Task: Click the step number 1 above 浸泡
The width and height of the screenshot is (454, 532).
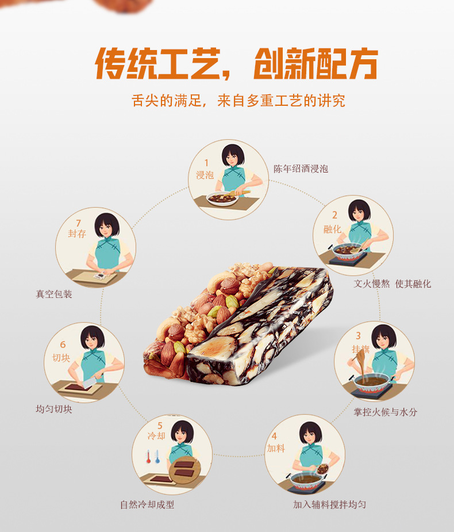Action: click(206, 163)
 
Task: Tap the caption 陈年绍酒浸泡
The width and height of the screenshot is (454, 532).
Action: click(301, 169)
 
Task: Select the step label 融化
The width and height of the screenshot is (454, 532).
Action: click(332, 229)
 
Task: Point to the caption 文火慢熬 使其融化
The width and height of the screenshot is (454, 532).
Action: click(392, 284)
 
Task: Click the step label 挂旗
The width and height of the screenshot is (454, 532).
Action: click(360, 349)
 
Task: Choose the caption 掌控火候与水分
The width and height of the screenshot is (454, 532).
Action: click(385, 412)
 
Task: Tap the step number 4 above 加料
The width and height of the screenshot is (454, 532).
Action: click(274, 436)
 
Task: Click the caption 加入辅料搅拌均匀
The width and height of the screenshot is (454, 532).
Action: click(329, 504)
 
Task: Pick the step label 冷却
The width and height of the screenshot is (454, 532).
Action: click(156, 435)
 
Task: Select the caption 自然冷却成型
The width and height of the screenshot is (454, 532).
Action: click(147, 504)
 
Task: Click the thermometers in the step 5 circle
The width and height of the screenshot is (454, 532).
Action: click(152, 458)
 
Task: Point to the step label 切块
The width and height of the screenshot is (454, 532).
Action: click(62, 357)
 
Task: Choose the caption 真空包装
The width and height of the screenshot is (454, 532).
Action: click(54, 294)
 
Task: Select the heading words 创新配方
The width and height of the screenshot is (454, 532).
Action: click(315, 64)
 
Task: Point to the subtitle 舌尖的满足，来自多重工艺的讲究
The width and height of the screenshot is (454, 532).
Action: click(238, 101)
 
